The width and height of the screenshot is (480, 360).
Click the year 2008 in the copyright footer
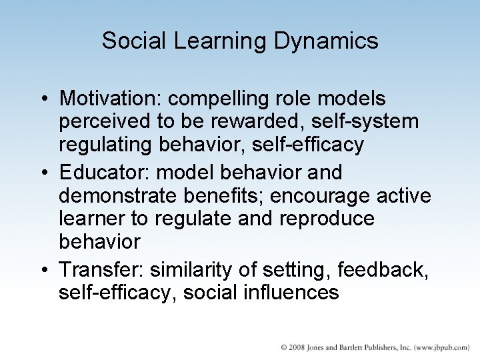coord(297,348)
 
